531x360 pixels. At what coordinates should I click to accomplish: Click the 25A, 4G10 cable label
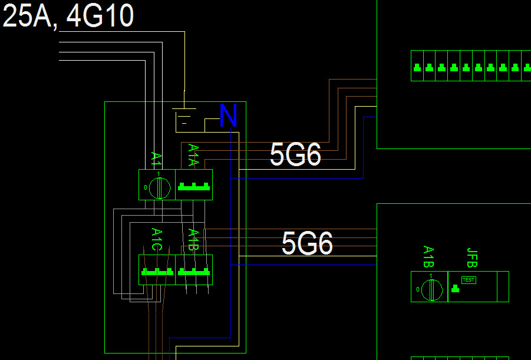68,16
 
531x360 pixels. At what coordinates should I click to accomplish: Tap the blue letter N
228,116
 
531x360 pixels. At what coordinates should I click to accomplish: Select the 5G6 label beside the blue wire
295,155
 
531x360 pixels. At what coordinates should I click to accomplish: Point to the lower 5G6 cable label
307,243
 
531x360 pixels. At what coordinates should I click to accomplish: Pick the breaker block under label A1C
157,272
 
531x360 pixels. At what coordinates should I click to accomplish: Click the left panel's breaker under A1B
194,272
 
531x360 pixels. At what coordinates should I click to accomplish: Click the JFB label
471,259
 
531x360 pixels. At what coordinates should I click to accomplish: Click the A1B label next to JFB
428,258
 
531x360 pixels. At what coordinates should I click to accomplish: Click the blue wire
364,147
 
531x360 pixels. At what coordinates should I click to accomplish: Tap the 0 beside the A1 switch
146,188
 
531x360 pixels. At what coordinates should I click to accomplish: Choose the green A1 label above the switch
156,158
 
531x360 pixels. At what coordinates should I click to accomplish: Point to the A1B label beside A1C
193,240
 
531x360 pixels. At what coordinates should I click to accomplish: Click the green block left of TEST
455,289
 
